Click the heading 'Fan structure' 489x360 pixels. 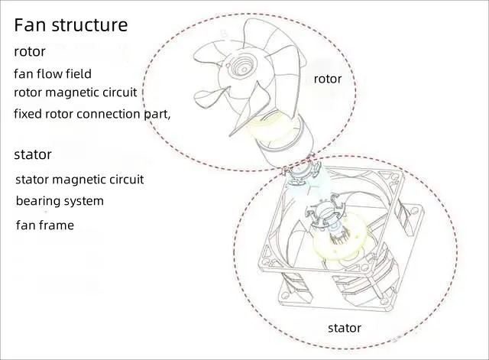[70, 24]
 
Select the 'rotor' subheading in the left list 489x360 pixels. [30, 52]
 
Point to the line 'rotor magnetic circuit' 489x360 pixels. [76, 92]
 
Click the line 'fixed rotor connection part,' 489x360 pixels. [92, 113]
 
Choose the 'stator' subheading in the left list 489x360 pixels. [33, 154]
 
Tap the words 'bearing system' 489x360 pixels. [60, 201]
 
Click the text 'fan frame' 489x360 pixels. [45, 225]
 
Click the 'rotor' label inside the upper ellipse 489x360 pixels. [328, 79]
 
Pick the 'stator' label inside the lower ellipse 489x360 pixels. [345, 328]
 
